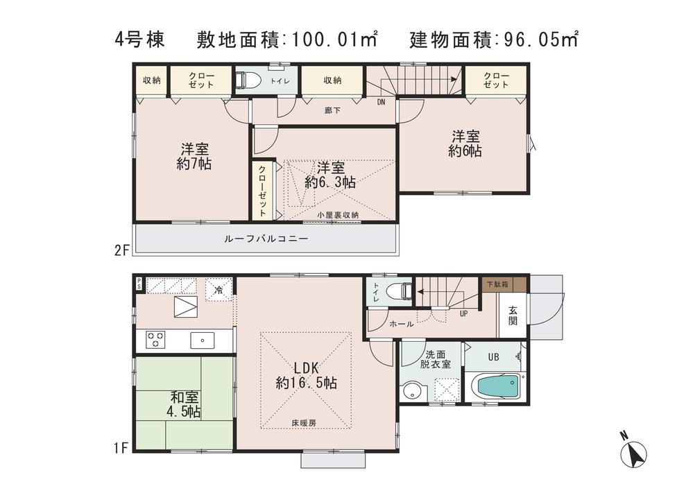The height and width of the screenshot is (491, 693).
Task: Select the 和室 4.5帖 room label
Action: click(x=185, y=404)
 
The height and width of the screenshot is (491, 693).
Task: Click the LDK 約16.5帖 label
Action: click(x=306, y=374)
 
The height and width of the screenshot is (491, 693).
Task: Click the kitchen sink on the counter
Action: click(x=202, y=339)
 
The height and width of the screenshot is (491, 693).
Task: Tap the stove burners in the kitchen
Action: click(x=155, y=339)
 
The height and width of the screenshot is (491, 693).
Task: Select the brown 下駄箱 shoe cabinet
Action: click(x=497, y=284)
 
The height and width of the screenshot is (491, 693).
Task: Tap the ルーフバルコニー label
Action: click(x=266, y=238)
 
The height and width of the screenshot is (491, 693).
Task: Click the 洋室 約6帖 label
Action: click(x=465, y=144)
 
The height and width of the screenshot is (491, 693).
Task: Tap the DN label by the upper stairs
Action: click(x=381, y=102)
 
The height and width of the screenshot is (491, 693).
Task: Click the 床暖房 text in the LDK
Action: click(x=305, y=422)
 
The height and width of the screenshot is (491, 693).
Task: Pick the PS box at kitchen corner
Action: click(x=139, y=283)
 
